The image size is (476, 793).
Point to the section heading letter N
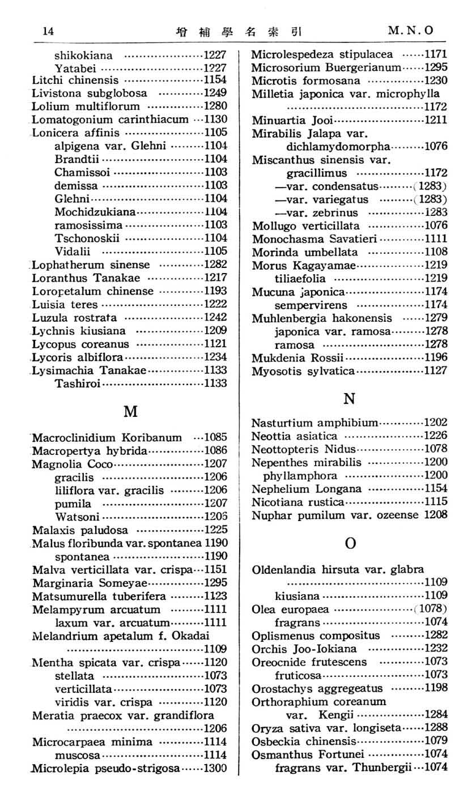click(350, 398)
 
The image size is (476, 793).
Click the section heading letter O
click(350, 543)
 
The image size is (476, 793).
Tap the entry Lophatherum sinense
click(91, 265)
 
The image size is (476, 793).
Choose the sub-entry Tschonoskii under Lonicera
click(87, 238)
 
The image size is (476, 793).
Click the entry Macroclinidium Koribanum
click(107, 437)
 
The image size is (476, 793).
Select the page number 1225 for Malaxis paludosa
click(215, 530)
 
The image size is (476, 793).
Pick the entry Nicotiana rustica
click(297, 502)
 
